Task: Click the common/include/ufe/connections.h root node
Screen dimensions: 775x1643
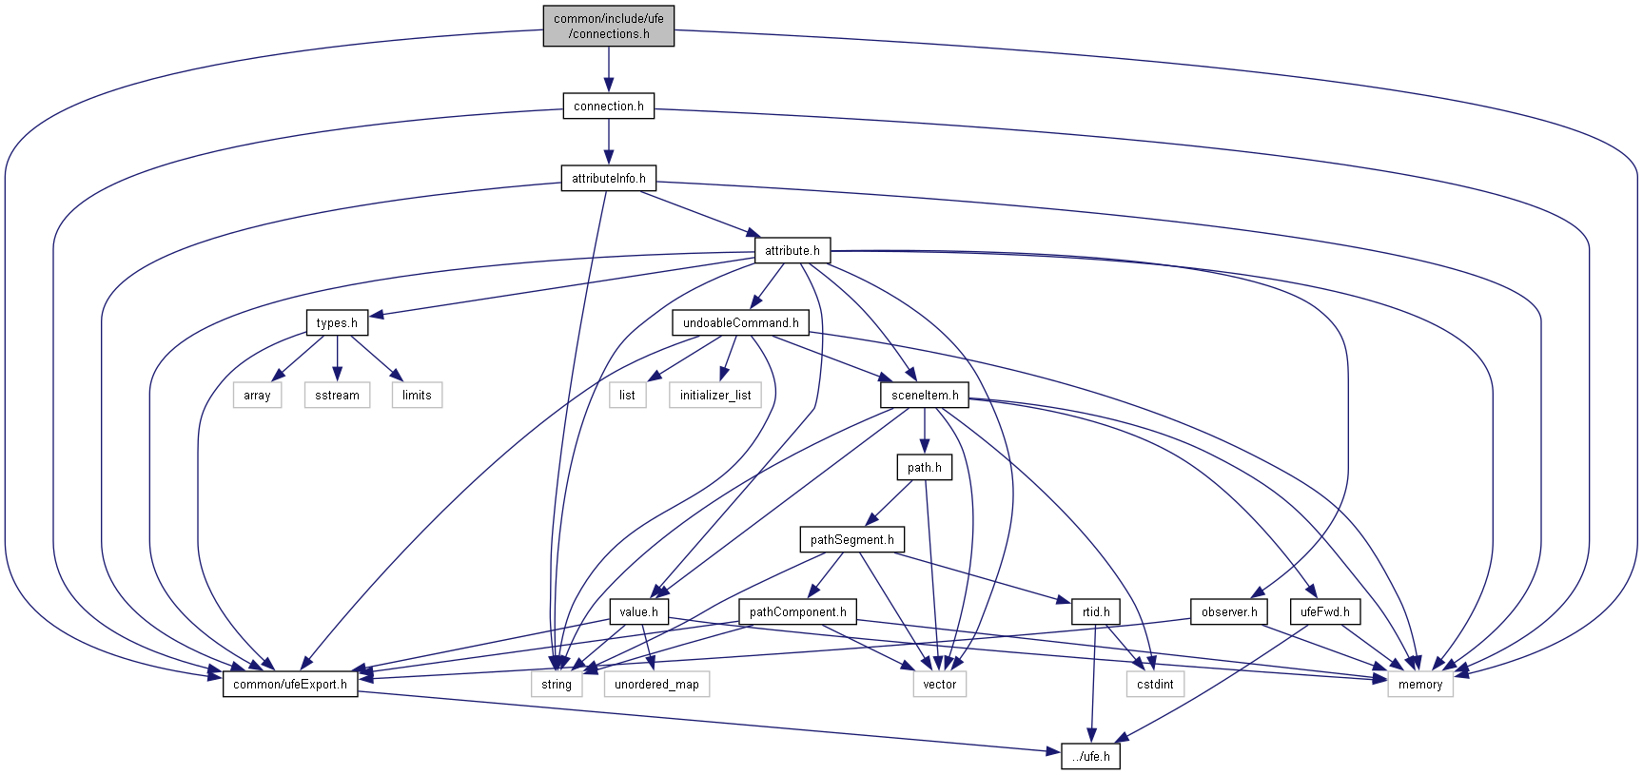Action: (x=609, y=26)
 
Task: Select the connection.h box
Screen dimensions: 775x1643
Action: (x=608, y=106)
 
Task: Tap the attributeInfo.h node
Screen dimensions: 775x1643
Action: (x=608, y=178)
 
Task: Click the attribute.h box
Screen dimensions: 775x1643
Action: (x=792, y=250)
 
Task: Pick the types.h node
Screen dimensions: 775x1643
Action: (x=337, y=322)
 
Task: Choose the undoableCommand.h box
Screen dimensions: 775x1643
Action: (x=740, y=322)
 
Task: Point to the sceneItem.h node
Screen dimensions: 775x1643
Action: (x=925, y=395)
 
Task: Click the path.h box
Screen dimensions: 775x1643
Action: (x=924, y=467)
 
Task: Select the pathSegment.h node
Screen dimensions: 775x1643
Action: (x=851, y=539)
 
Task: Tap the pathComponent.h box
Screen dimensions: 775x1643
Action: (x=797, y=611)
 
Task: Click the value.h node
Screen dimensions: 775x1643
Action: (x=638, y=611)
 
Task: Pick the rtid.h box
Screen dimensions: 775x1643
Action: (x=1096, y=611)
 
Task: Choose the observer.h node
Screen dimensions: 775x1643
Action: (x=1229, y=611)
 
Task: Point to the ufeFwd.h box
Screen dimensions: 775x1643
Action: (x=1324, y=611)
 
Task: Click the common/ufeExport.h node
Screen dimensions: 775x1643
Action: (x=290, y=684)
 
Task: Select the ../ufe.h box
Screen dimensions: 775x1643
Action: (x=1090, y=756)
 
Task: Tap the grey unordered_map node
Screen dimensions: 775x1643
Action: (x=656, y=684)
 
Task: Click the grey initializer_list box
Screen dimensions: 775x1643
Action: (x=715, y=395)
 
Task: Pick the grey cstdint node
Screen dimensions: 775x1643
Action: (x=1155, y=684)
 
